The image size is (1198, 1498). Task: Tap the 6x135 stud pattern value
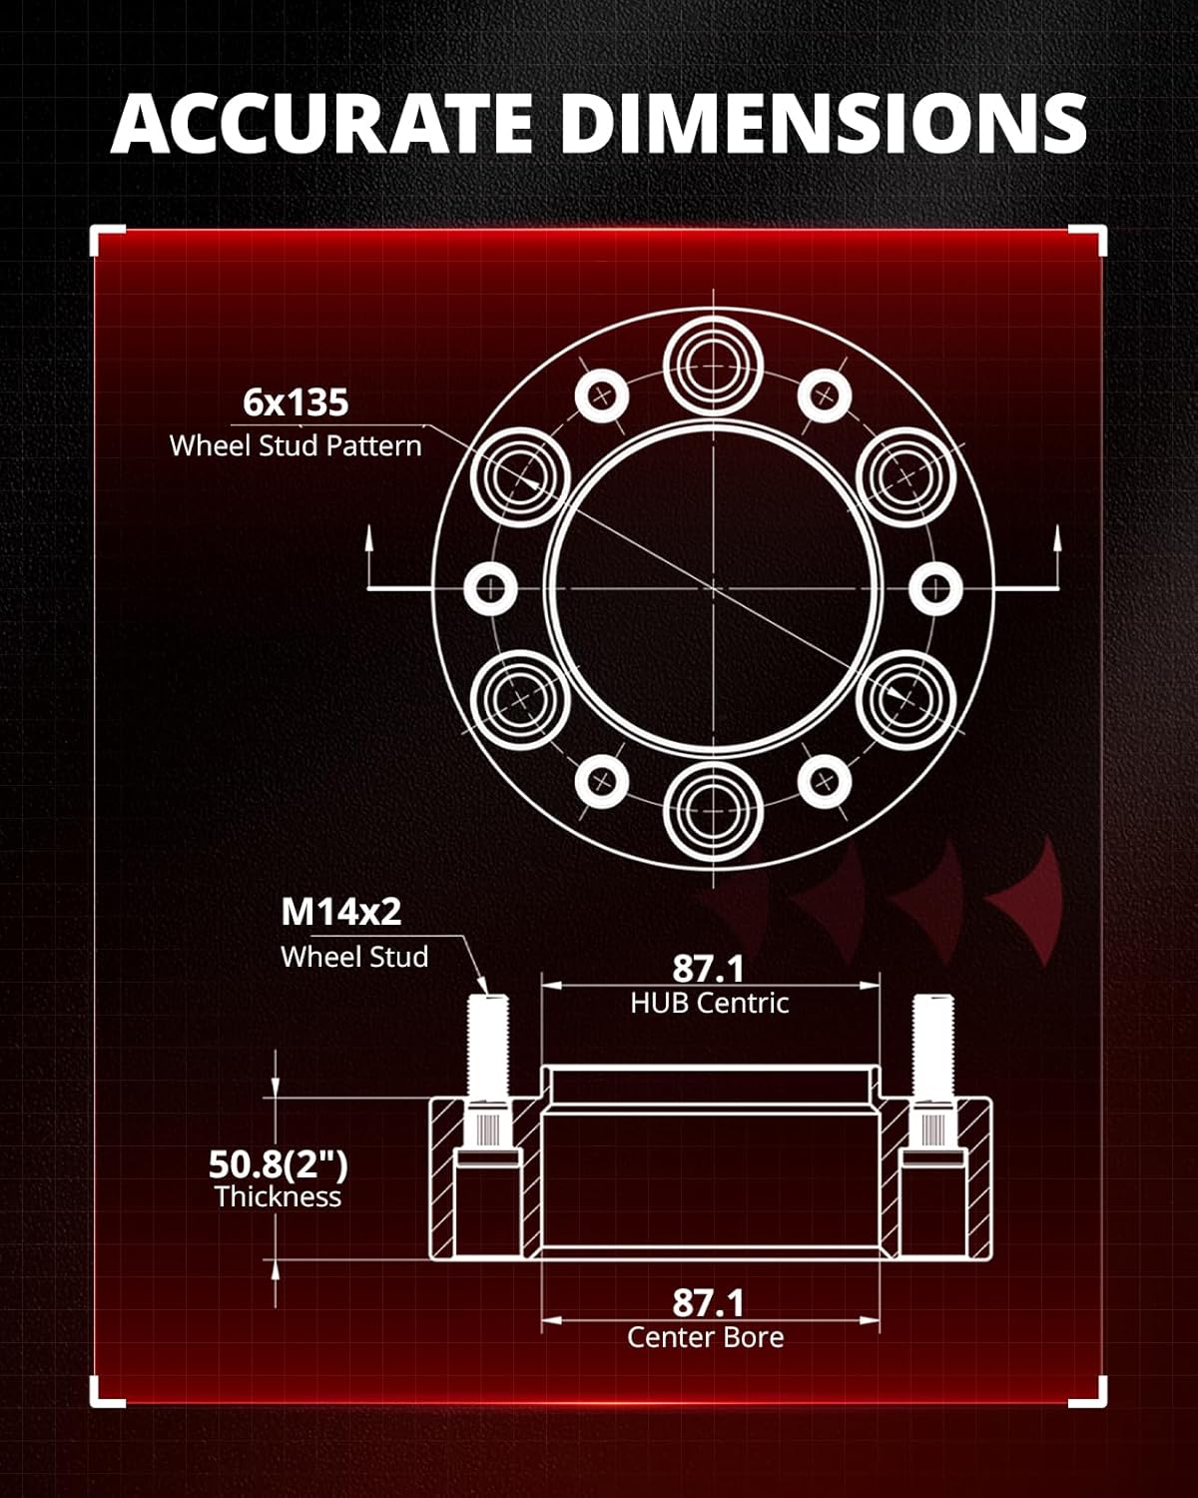(x=296, y=402)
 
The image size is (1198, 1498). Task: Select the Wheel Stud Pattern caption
(x=296, y=446)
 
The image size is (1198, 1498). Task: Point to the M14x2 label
(x=341, y=911)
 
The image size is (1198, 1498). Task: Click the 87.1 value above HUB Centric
(x=708, y=969)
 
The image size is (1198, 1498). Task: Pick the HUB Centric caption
(x=710, y=1003)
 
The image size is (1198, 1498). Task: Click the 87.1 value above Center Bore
(x=708, y=1302)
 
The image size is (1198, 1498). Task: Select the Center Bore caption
(x=705, y=1337)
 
